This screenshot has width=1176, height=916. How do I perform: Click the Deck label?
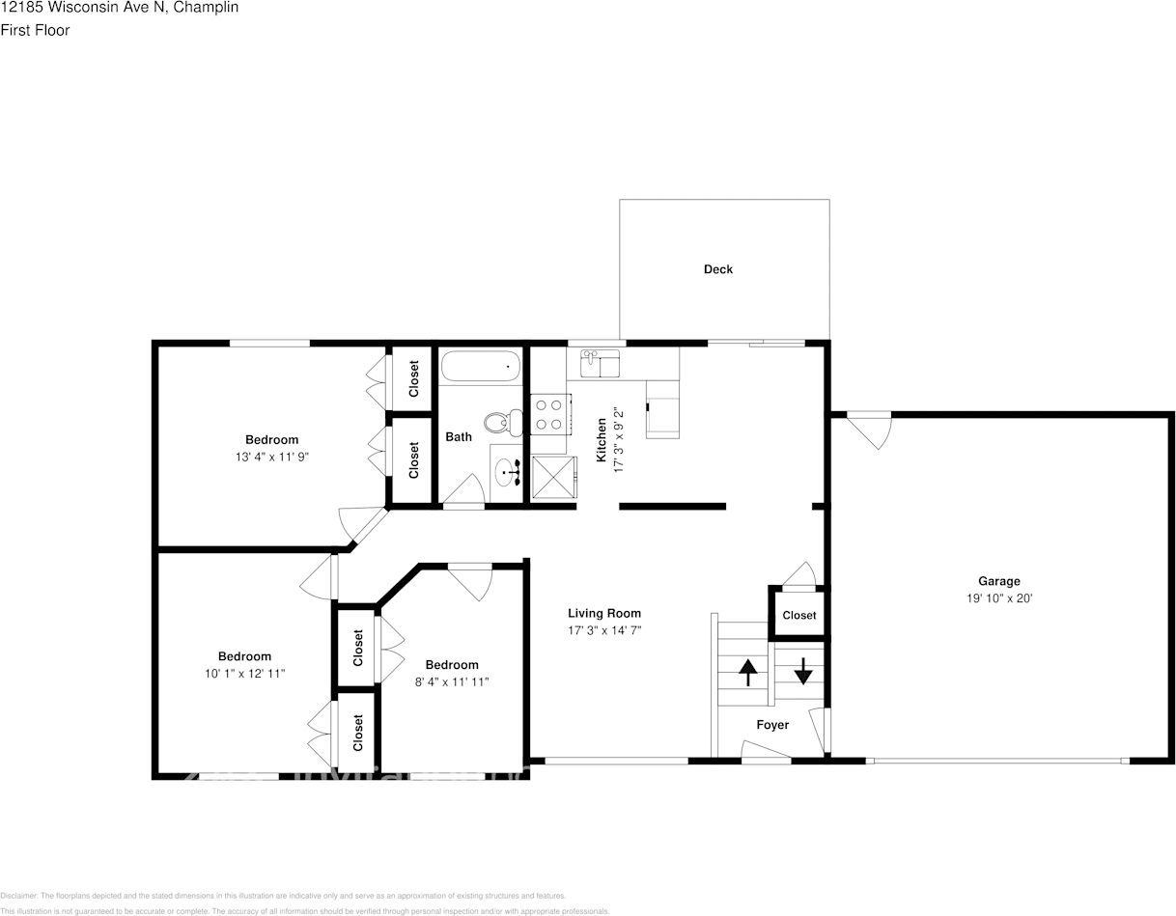pos(717,269)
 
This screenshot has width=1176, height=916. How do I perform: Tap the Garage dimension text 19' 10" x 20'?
pos(998,597)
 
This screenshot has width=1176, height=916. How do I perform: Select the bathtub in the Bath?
pos(481,367)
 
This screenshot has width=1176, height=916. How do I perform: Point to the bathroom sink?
pos(507,473)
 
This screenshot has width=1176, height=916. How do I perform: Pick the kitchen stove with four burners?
pos(548,416)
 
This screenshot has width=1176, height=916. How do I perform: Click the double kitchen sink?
pos(600,364)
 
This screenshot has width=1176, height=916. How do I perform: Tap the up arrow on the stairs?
pos(747,672)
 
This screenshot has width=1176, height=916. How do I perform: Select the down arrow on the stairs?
pos(802,669)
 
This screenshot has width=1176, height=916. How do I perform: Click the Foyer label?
pos(772,725)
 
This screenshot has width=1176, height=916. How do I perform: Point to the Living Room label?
pos(603,613)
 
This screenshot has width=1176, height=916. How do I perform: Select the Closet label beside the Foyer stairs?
pos(798,615)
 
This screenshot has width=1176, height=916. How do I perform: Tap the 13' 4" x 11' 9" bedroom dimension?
pos(271,457)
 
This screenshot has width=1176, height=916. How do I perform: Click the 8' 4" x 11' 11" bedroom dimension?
pos(452,681)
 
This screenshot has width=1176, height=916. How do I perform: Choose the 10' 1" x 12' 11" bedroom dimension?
pos(244,673)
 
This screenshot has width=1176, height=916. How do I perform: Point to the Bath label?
pos(459,437)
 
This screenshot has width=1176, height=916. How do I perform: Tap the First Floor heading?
pos(35,30)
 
